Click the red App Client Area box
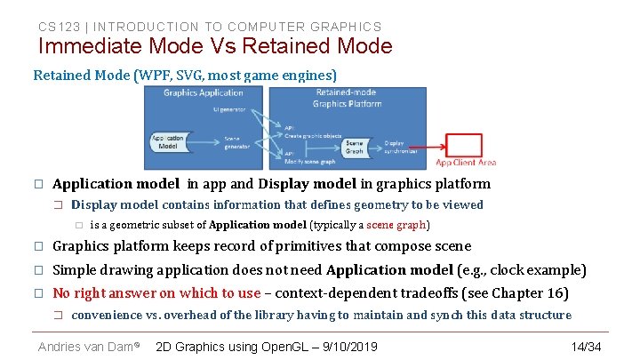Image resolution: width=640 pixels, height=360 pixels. pyautogui.click(x=464, y=145)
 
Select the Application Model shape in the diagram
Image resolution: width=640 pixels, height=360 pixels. pyautogui.click(x=169, y=141)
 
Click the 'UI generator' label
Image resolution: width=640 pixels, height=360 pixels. pyautogui.click(x=230, y=109)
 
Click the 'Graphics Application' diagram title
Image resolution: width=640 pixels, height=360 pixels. pyautogui.click(x=204, y=92)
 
